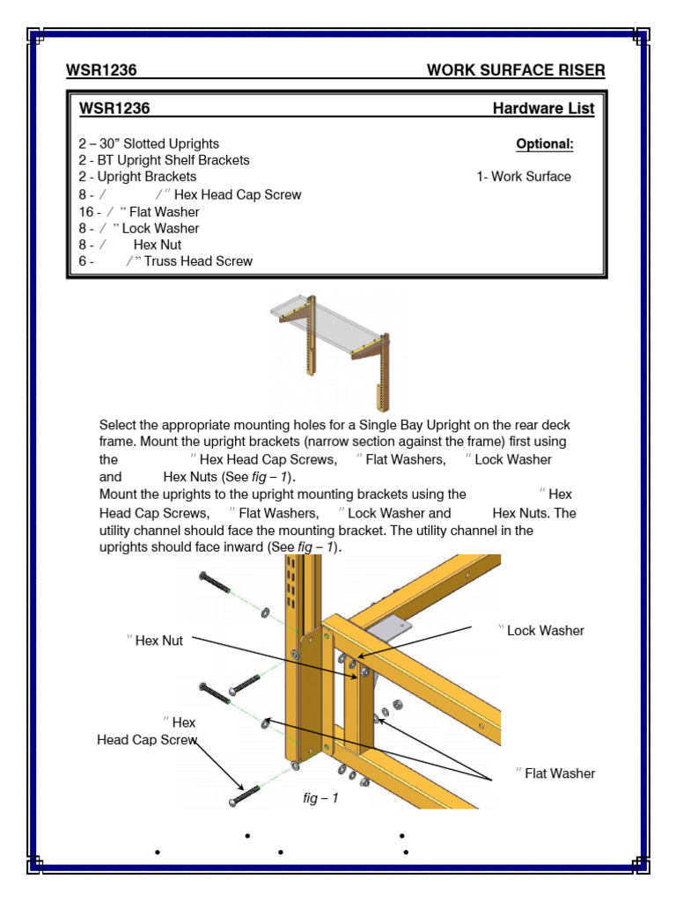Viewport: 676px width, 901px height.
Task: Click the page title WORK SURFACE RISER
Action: pyautogui.click(x=516, y=70)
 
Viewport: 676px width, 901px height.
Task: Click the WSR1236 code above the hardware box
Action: pyautogui.click(x=101, y=70)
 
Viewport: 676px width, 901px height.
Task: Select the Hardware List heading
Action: pyautogui.click(x=543, y=109)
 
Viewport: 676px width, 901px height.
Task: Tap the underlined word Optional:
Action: pyautogui.click(x=545, y=143)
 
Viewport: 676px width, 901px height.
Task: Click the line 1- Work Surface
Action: pyautogui.click(x=524, y=177)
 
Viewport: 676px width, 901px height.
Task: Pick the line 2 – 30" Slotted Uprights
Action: pyautogui.click(x=149, y=143)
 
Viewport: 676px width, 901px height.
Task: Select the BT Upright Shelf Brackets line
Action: pyautogui.click(x=164, y=160)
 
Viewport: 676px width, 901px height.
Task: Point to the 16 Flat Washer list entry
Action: pyautogui.click(x=139, y=211)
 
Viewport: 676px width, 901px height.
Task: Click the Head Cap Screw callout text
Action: pyautogui.click(x=147, y=740)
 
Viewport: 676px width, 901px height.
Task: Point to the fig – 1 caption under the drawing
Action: pyautogui.click(x=320, y=799)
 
